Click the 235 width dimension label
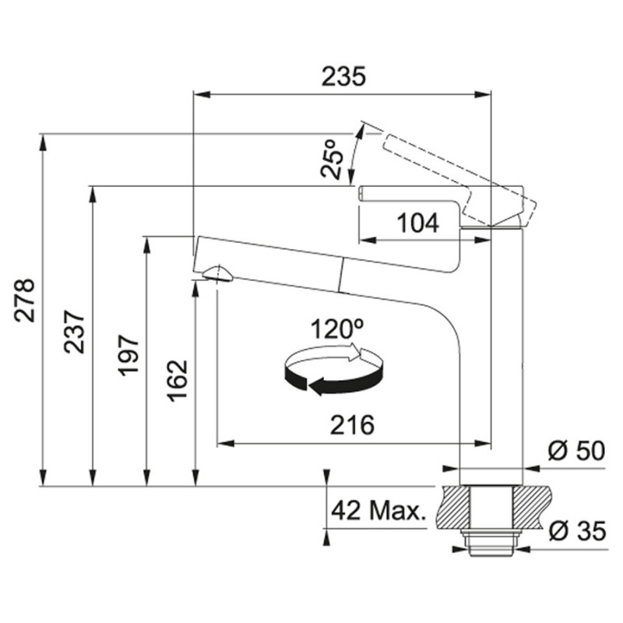coord(343,76)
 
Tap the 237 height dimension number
coord(75,333)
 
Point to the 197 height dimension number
coord(128,356)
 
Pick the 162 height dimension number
coord(177,381)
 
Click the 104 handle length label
coord(418,223)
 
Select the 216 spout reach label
coord(352,425)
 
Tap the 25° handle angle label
coord(333,159)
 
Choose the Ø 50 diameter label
coord(576,451)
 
